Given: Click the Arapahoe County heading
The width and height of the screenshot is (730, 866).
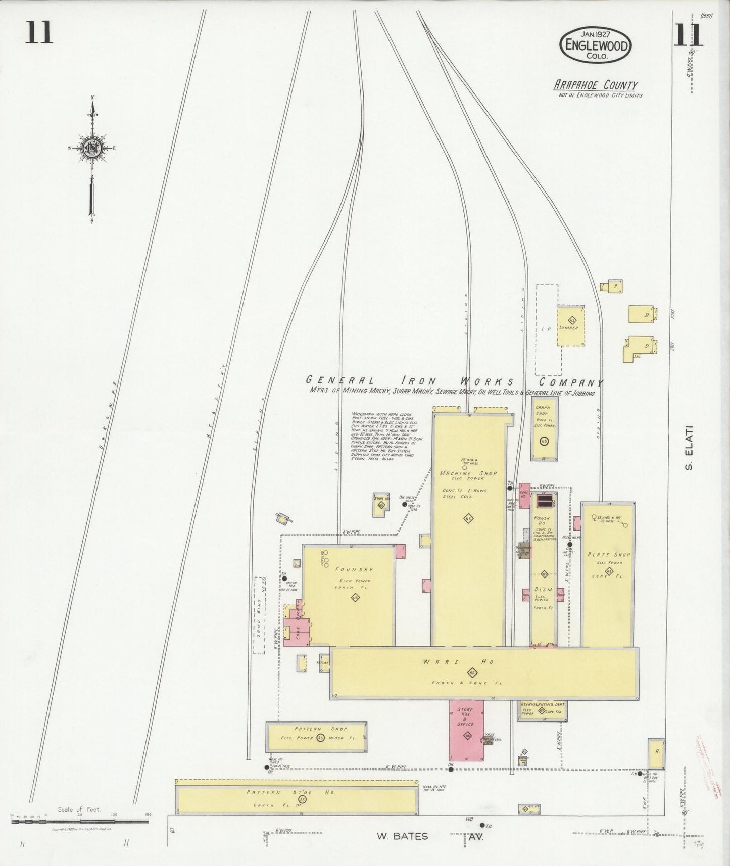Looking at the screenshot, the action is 595,85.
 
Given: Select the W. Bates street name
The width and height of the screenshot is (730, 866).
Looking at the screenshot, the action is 402,836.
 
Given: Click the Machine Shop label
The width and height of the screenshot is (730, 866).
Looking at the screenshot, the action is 468,473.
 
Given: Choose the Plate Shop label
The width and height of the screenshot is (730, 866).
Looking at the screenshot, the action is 608,554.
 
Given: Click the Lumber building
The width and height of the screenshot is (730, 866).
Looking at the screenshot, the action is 571,326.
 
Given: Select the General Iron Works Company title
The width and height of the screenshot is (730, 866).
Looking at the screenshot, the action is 454,382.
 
